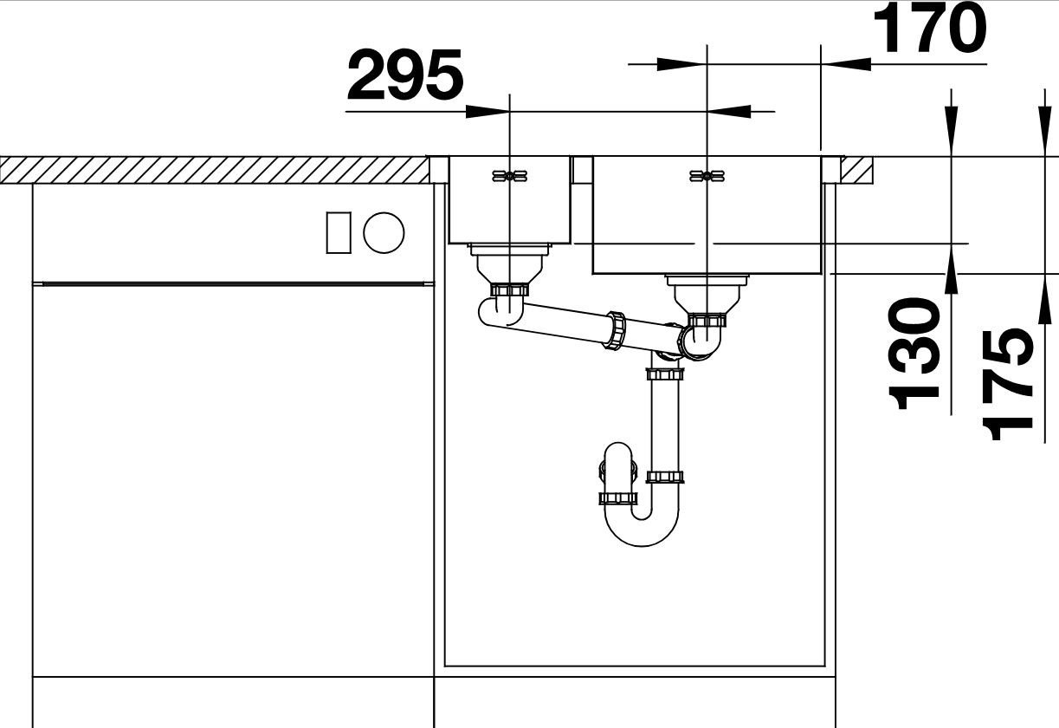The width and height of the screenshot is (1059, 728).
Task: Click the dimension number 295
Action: pyautogui.click(x=405, y=75)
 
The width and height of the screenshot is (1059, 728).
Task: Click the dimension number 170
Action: pyautogui.click(x=930, y=28)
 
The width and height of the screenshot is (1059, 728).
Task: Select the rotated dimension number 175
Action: pyautogui.click(x=1007, y=384)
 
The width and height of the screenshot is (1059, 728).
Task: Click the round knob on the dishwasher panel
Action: pyautogui.click(x=384, y=233)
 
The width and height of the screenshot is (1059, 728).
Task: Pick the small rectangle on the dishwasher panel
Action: pyautogui.click(x=339, y=233)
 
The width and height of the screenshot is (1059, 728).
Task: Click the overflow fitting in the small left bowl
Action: pyautogui.click(x=510, y=177)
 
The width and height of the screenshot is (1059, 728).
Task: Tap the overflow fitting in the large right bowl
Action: pyautogui.click(x=707, y=177)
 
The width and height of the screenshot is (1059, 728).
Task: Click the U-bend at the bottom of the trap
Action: pyautogui.click(x=642, y=525)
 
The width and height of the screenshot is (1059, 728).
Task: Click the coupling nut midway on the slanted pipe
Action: pyautogui.click(x=615, y=331)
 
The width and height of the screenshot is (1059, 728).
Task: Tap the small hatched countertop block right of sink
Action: pyautogui.click(x=856, y=170)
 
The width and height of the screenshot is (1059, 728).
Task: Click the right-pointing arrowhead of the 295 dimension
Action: pyautogui.click(x=488, y=112)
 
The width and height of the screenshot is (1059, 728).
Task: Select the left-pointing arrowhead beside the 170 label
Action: pyautogui.click(x=846, y=64)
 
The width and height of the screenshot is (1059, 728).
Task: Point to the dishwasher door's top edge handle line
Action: pyautogui.click(x=233, y=284)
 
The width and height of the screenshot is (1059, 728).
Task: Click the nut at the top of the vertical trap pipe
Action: pyautogui.click(x=665, y=374)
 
